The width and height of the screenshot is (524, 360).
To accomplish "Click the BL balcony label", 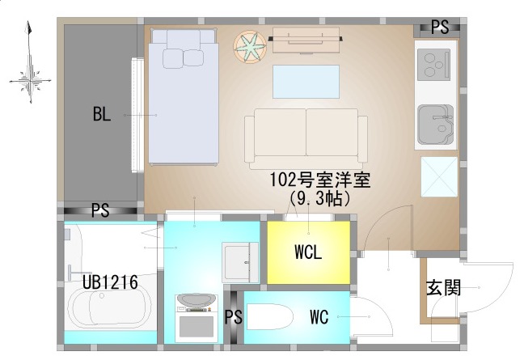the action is [102, 114].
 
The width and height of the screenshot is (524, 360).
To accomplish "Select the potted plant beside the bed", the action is [250, 46].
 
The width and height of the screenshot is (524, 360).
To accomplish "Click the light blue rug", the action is [306, 82].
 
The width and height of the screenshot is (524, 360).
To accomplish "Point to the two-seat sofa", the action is [306, 138].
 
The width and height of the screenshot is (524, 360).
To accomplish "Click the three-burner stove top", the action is [433, 65].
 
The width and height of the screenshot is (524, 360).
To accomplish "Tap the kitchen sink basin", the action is [436, 125].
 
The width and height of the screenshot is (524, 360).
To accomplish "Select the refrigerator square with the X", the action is [439, 176].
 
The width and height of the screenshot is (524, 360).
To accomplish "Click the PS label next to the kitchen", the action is [439, 27].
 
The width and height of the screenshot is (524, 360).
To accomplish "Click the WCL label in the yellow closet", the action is [308, 252].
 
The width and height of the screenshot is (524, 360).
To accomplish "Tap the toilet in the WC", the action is [270, 317].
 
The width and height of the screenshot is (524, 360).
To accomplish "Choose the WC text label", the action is [319, 317].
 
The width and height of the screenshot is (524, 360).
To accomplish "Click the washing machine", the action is [196, 318].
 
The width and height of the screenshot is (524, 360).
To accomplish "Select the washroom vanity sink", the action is [240, 262].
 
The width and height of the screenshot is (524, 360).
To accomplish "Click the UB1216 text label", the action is [110, 282].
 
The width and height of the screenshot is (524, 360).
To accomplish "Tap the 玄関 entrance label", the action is [444, 288].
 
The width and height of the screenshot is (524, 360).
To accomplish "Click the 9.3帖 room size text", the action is [319, 198].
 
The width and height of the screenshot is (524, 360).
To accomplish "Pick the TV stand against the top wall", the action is [306, 40].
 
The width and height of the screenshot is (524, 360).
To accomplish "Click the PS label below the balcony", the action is [100, 211].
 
